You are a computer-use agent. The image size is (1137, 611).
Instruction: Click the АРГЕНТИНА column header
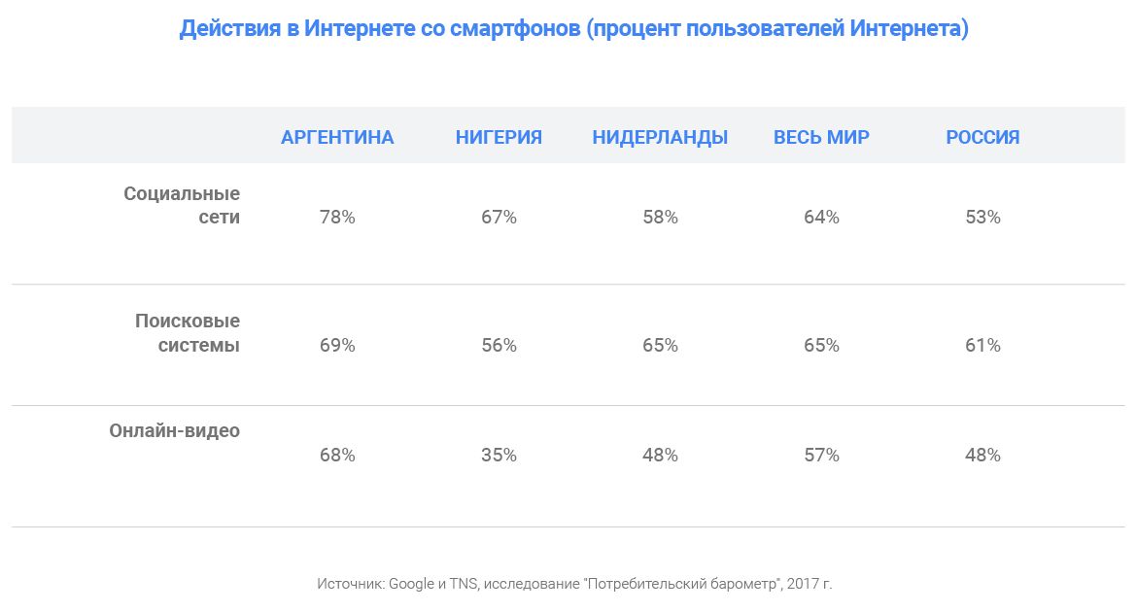point(337,137)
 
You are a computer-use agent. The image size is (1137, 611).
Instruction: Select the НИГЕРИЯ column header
point(499,137)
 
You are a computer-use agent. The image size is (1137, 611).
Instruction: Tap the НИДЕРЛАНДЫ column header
point(660,137)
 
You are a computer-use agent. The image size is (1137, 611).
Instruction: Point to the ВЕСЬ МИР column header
point(821,137)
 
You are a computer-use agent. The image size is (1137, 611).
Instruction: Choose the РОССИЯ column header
point(982,137)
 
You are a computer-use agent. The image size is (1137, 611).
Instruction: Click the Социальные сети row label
point(182,205)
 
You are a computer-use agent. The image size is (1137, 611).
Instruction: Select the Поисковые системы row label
point(188,332)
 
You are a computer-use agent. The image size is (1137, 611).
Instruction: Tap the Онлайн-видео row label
point(174,430)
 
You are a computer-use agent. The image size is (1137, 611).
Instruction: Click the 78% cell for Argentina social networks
point(337,218)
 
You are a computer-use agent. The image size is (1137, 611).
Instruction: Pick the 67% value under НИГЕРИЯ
point(499,218)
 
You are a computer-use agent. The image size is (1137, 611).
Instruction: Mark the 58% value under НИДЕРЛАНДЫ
point(660,218)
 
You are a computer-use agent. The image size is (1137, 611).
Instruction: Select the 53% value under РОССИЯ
point(982,218)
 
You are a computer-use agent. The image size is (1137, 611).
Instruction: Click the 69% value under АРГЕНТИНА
point(337,346)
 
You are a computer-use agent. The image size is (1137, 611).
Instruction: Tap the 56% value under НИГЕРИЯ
point(499,346)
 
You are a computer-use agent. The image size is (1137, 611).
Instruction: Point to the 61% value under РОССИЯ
point(982,346)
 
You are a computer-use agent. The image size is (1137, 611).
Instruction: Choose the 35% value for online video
point(499,455)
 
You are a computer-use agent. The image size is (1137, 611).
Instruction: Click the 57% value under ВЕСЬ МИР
point(821,455)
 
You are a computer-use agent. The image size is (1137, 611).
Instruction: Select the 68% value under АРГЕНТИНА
point(337,455)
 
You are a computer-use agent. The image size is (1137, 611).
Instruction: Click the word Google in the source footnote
point(411,584)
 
